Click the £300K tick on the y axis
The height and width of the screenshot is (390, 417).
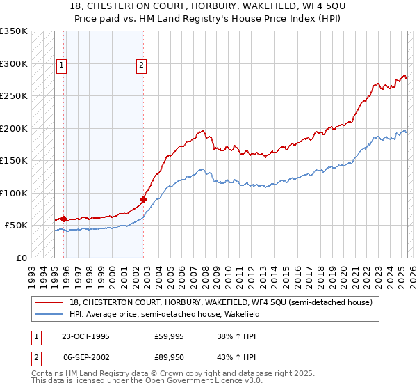[13, 63]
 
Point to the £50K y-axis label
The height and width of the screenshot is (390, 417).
[16, 226]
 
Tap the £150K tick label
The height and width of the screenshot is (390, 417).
[13, 161]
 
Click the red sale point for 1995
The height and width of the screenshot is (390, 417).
[64, 219]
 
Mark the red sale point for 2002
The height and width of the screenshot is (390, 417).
[143, 199]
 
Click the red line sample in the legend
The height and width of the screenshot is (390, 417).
[49, 302]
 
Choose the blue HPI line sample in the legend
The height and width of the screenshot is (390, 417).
[49, 314]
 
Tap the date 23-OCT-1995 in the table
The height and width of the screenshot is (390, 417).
[85, 336]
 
